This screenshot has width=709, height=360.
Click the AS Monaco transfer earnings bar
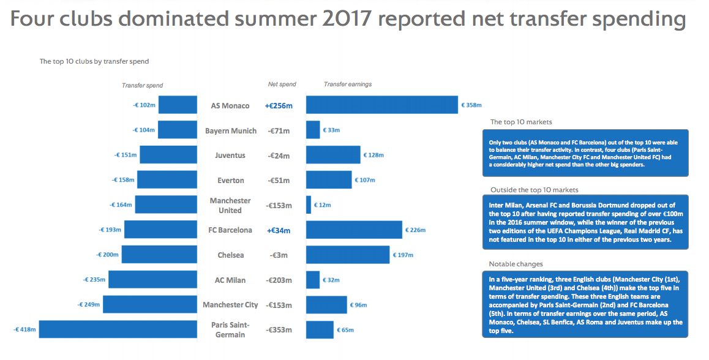click(x=382, y=105)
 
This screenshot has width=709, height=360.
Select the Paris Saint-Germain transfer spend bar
click(x=118, y=329)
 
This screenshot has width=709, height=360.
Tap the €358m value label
click(x=471, y=105)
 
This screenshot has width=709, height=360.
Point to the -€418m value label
click(x=25, y=329)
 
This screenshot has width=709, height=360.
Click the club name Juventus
click(x=230, y=156)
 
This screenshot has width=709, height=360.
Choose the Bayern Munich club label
click(x=231, y=131)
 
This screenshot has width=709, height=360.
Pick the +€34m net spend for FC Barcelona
click(x=279, y=231)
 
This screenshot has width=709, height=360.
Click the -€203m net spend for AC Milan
click(x=279, y=280)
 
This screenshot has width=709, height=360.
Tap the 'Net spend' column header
click(x=282, y=84)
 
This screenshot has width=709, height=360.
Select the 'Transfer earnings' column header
click(x=348, y=84)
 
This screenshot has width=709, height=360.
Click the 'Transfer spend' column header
click(x=142, y=86)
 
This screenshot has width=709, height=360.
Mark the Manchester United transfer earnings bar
click(x=309, y=205)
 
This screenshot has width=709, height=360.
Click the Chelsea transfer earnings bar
click(x=348, y=255)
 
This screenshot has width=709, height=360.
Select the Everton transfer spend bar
click(x=167, y=180)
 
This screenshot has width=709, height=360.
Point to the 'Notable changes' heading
click(x=516, y=264)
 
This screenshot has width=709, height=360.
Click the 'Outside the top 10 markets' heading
click(x=535, y=190)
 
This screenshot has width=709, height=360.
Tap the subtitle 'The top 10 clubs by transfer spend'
click(x=94, y=61)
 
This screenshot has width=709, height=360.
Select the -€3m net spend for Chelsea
click(x=279, y=255)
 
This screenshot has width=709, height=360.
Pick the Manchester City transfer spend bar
click(x=150, y=305)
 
